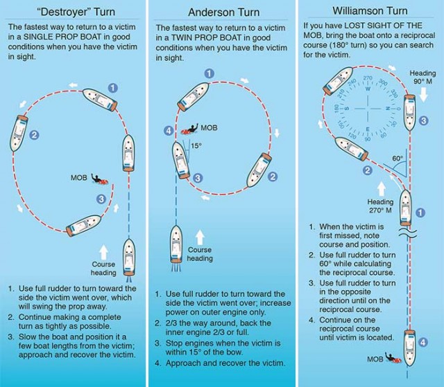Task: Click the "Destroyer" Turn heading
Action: (76, 12)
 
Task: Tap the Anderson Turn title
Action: (223, 12)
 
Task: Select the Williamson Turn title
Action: (370, 11)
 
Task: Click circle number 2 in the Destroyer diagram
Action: (34, 135)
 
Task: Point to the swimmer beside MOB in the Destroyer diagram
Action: (100, 180)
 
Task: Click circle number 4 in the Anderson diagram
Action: (169, 131)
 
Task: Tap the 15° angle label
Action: (196, 146)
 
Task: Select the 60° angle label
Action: (398, 158)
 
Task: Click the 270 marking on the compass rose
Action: (368, 78)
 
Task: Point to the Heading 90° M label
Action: (422, 77)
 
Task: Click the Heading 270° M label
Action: (380, 206)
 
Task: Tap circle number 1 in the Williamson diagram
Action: (420, 213)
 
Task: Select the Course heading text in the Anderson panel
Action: (200, 254)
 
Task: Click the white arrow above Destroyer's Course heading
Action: (104, 252)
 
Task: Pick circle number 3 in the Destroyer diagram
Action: (101, 199)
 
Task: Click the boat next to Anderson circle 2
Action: (259, 170)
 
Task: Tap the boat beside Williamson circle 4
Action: (409, 348)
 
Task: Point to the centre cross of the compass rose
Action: (368, 109)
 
